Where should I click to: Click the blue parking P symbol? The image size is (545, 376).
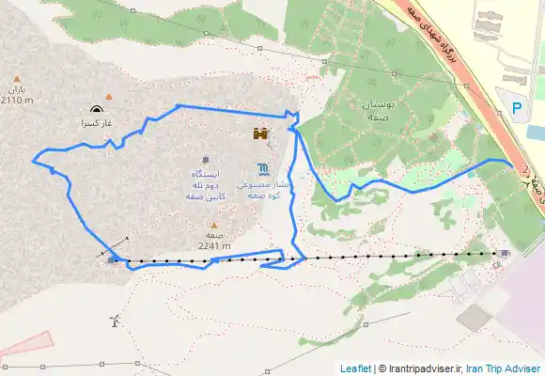[517, 108]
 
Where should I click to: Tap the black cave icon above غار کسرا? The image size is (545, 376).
[97, 109]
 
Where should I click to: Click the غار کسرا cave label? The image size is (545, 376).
[97, 123]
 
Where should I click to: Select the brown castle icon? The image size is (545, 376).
[260, 133]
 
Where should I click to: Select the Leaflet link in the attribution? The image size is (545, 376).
[355, 368]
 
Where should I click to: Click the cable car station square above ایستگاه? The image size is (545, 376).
[206, 159]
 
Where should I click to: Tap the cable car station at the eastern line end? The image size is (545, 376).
[506, 253]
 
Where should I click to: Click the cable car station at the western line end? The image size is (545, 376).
[114, 259]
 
